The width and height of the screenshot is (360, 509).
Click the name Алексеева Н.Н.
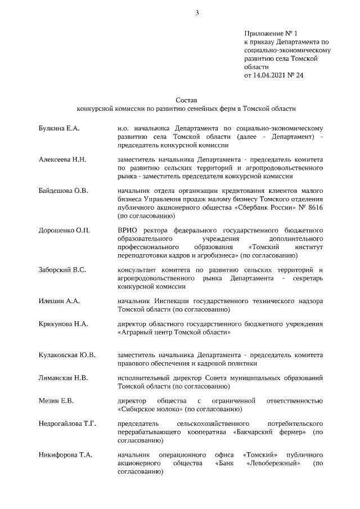(x=62, y=160)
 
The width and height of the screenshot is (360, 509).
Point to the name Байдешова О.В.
(x=63, y=191)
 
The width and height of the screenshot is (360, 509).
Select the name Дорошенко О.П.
(x=64, y=230)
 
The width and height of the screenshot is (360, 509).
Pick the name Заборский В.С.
(x=62, y=270)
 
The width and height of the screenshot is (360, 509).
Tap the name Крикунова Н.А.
(x=62, y=323)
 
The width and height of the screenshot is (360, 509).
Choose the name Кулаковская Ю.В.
(x=67, y=355)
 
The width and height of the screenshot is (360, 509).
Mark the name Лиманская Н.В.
(x=63, y=377)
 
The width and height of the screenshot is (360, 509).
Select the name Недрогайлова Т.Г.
(x=67, y=423)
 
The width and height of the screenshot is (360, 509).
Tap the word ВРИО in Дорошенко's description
(x=128, y=230)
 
